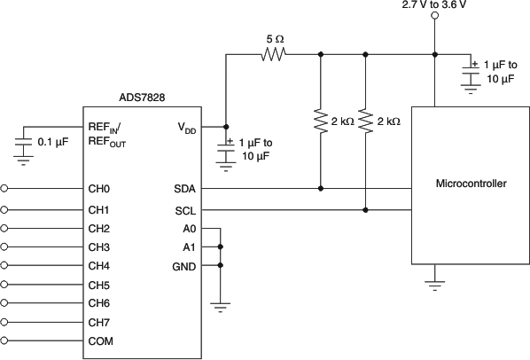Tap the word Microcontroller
coord(472,184)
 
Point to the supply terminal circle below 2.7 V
coord(434,24)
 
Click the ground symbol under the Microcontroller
coord(434,284)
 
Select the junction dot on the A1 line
coord(220,247)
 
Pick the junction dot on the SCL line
coord(366,210)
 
